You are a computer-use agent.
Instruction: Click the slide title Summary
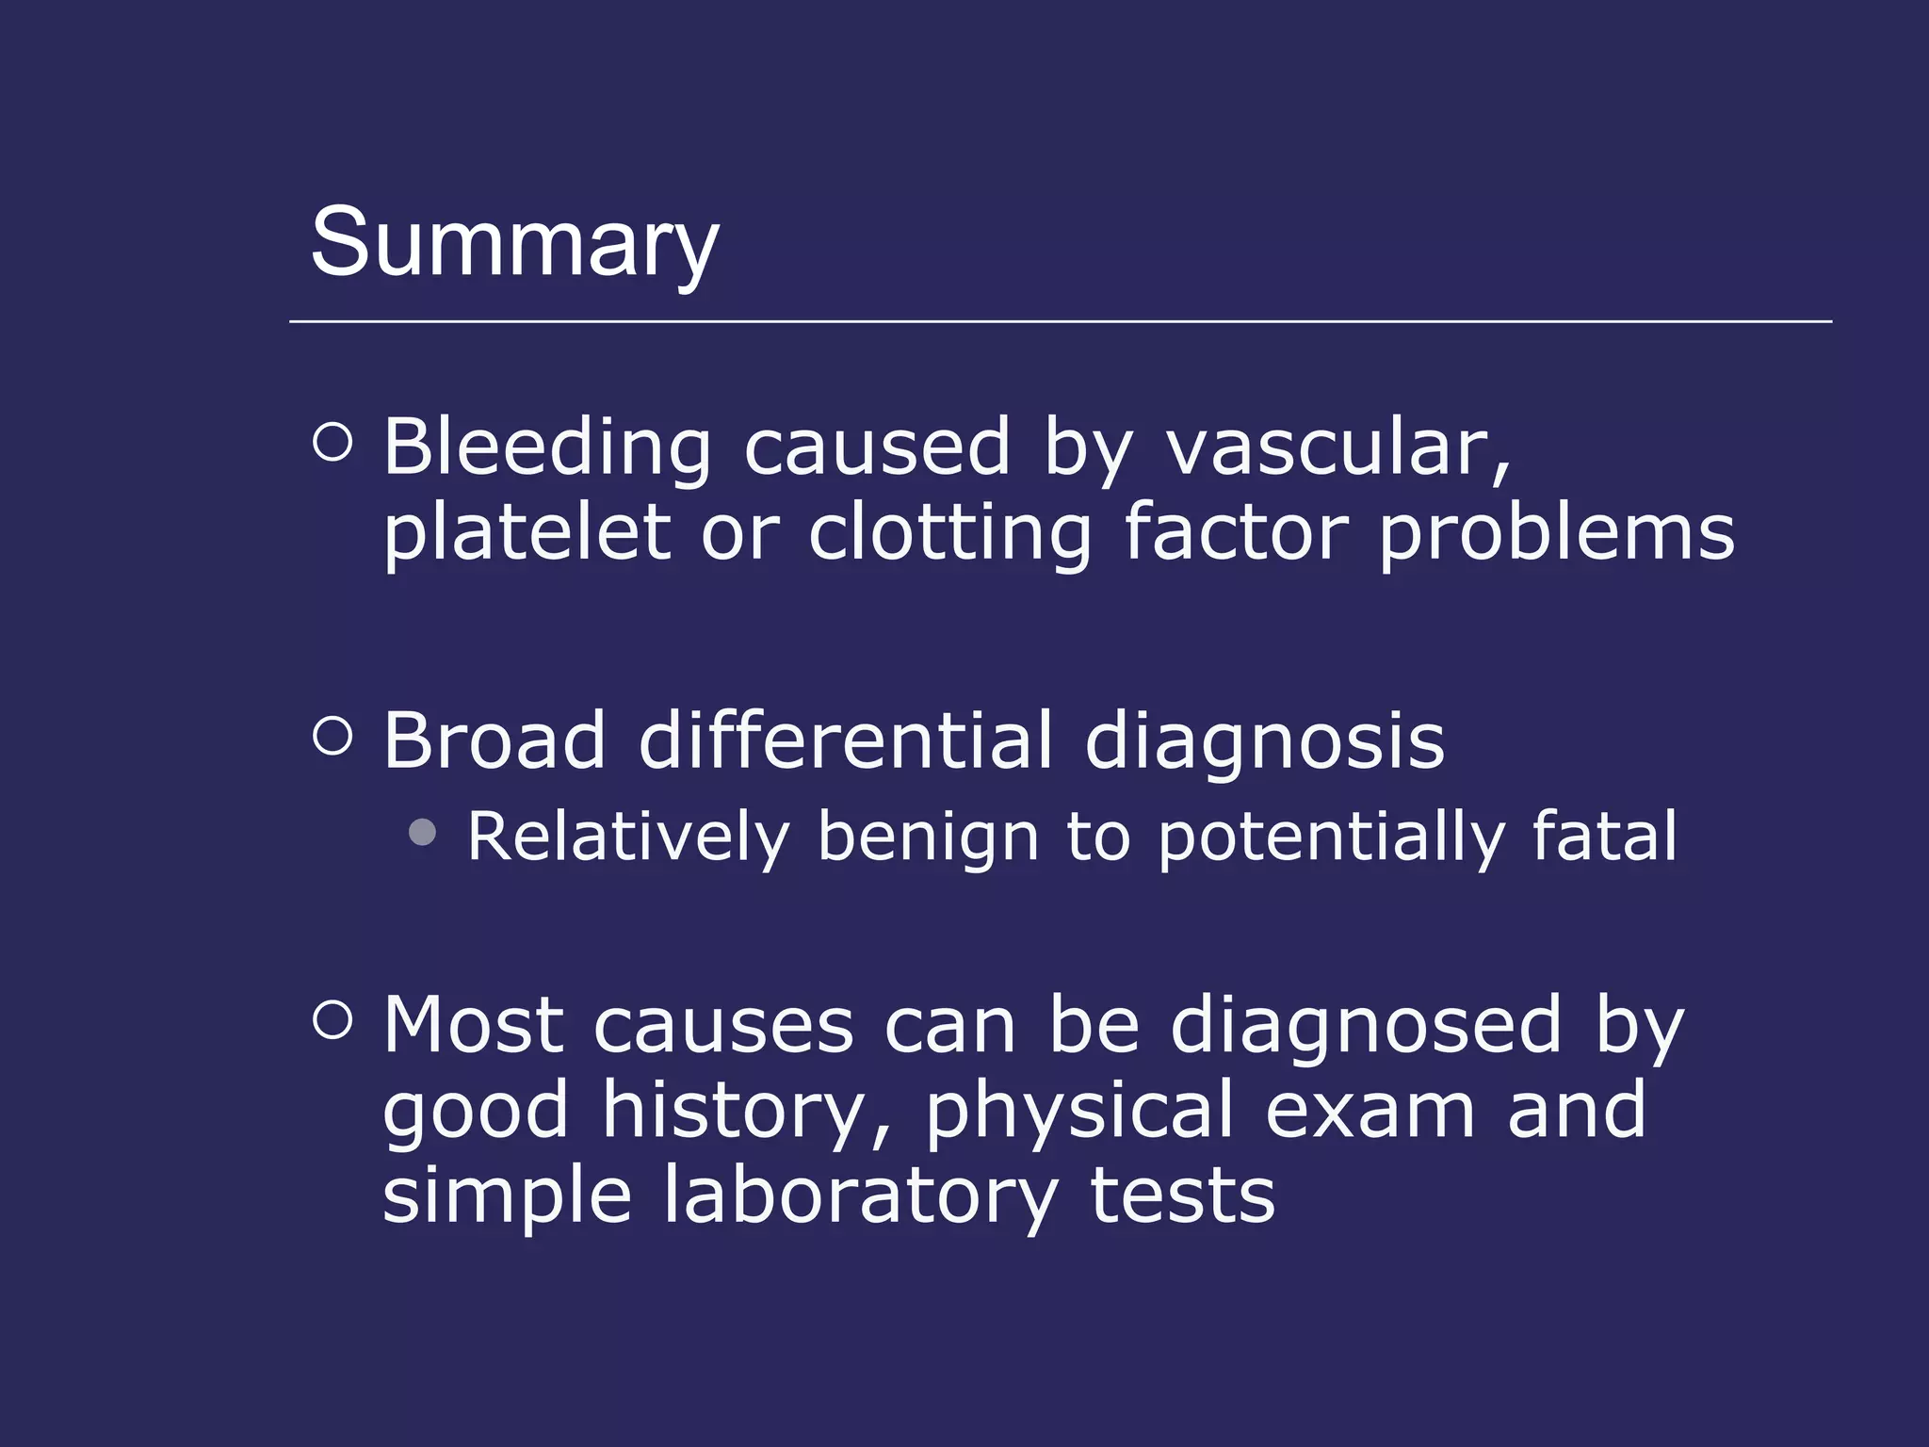tap(514, 243)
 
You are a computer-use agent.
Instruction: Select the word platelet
tap(526, 533)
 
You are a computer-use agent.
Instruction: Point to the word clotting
tap(949, 533)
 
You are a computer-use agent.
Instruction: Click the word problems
tap(1556, 533)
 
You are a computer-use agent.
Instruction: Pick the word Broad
tap(494, 740)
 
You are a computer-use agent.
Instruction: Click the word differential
tap(845, 740)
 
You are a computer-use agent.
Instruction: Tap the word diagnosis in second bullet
tap(1264, 740)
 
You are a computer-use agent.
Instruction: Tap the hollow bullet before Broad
tap(332, 735)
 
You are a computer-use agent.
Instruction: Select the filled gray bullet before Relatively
tap(423, 832)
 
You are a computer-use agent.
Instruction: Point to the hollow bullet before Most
tap(332, 1019)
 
